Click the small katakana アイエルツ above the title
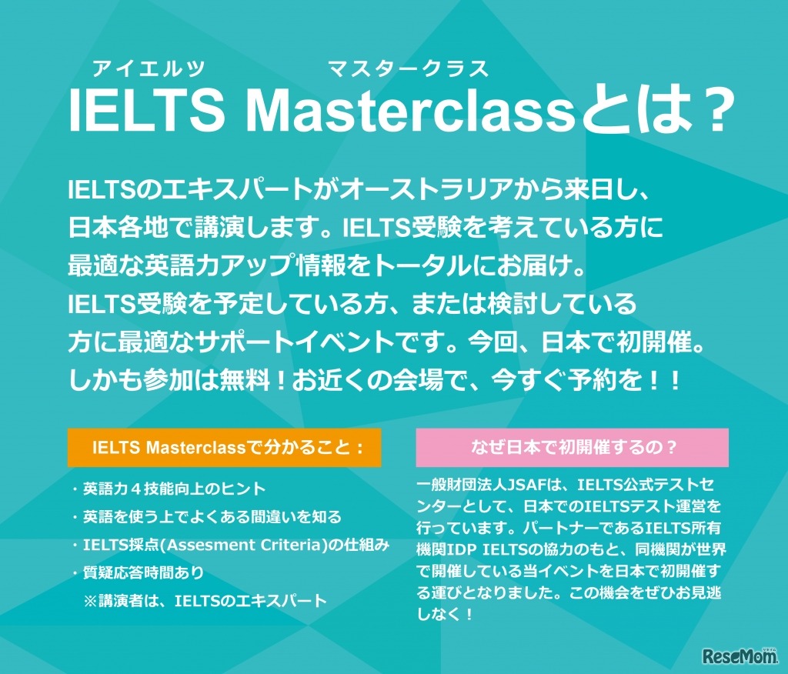[149, 69]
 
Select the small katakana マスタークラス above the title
[409, 69]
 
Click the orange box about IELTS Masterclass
[225, 448]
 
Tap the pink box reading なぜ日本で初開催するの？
[572, 448]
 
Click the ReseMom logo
[736, 655]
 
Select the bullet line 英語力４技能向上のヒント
[175, 489]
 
